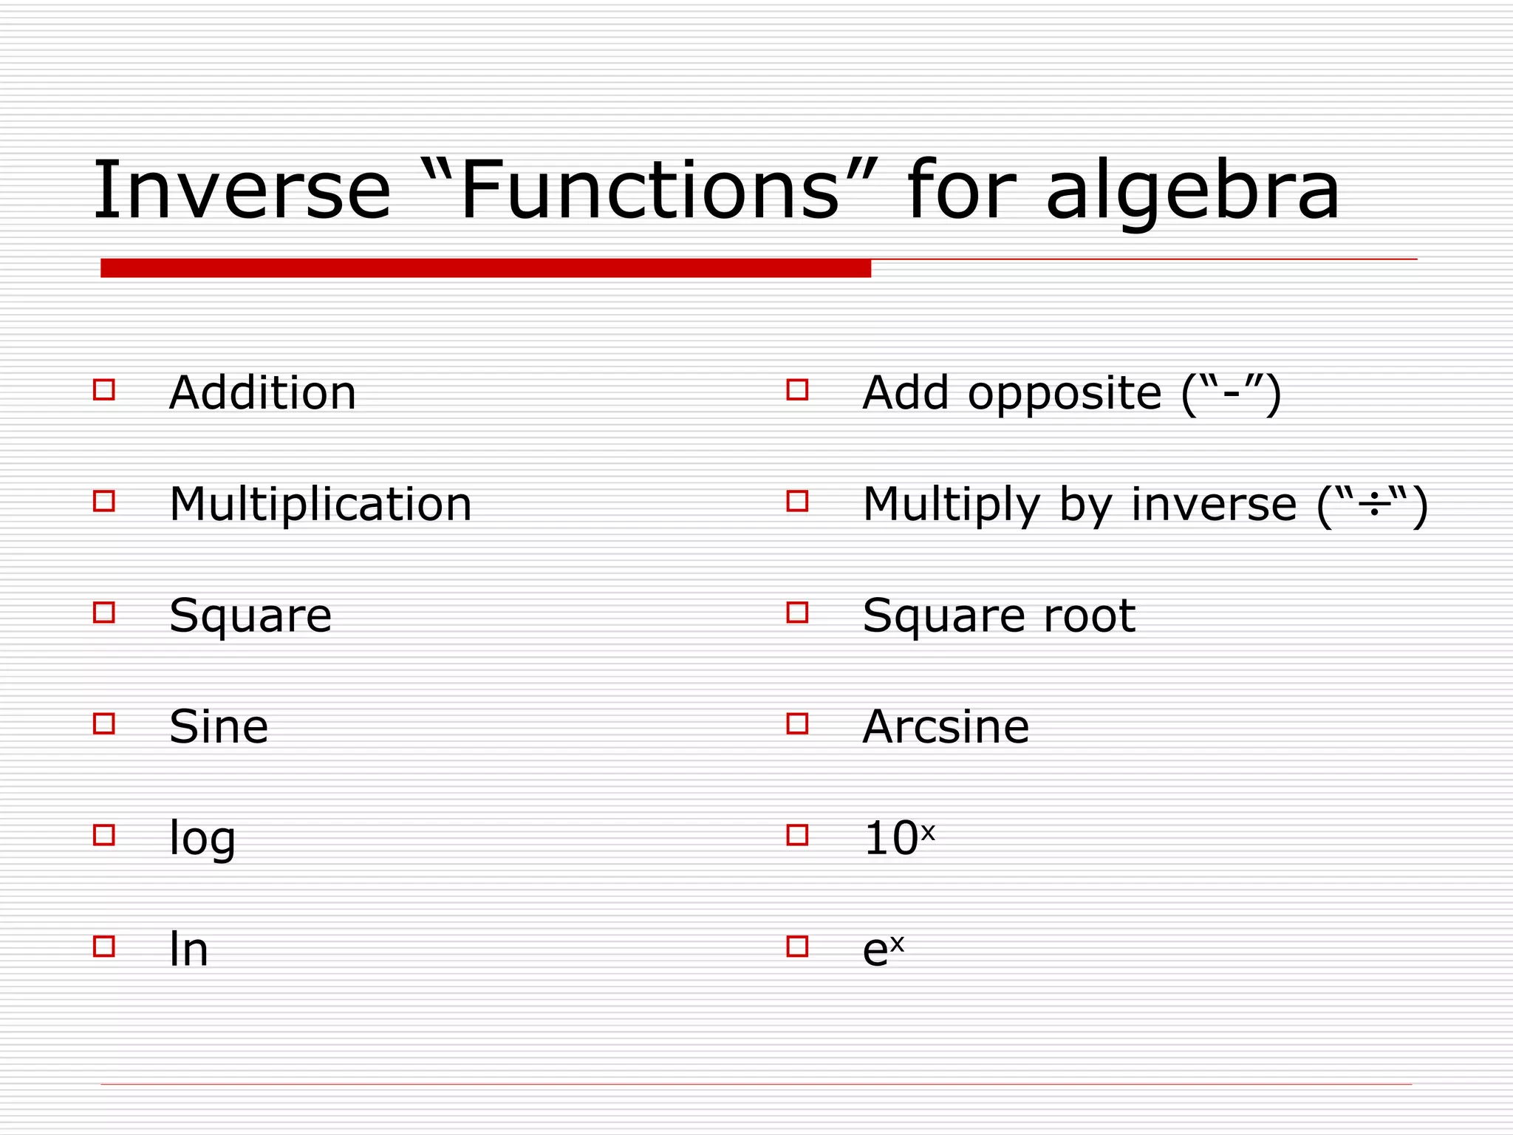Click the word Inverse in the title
click(241, 191)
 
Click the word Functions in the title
click(650, 191)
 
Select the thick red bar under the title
click(485, 268)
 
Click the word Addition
click(262, 392)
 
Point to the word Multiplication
click(320, 504)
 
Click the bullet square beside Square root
click(797, 613)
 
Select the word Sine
click(219, 726)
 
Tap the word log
click(202, 839)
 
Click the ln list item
click(188, 950)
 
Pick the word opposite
click(1065, 394)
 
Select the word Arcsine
click(946, 726)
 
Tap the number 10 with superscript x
click(898, 838)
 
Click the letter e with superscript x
click(882, 950)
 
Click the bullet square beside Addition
click(104, 389)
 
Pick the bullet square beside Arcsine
click(797, 723)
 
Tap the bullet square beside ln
click(104, 947)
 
